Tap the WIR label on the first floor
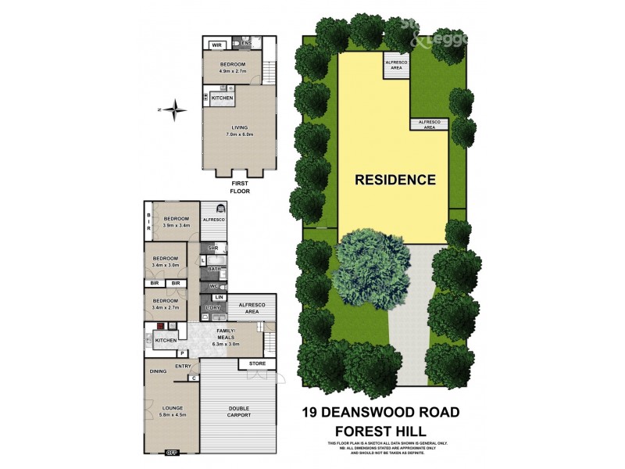coord(216,45)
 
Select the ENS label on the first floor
coord(247,43)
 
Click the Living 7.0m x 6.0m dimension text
coord(238,134)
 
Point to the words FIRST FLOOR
coord(238,186)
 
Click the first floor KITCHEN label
coord(223,98)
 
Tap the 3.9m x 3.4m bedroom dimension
coord(176,226)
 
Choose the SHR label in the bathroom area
coord(212,248)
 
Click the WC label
coord(213,287)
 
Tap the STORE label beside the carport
coord(258,364)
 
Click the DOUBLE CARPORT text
coord(240,411)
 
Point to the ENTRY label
coord(184,366)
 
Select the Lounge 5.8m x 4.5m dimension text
coord(173,415)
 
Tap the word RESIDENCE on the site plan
coord(395,180)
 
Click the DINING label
coord(159,371)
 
